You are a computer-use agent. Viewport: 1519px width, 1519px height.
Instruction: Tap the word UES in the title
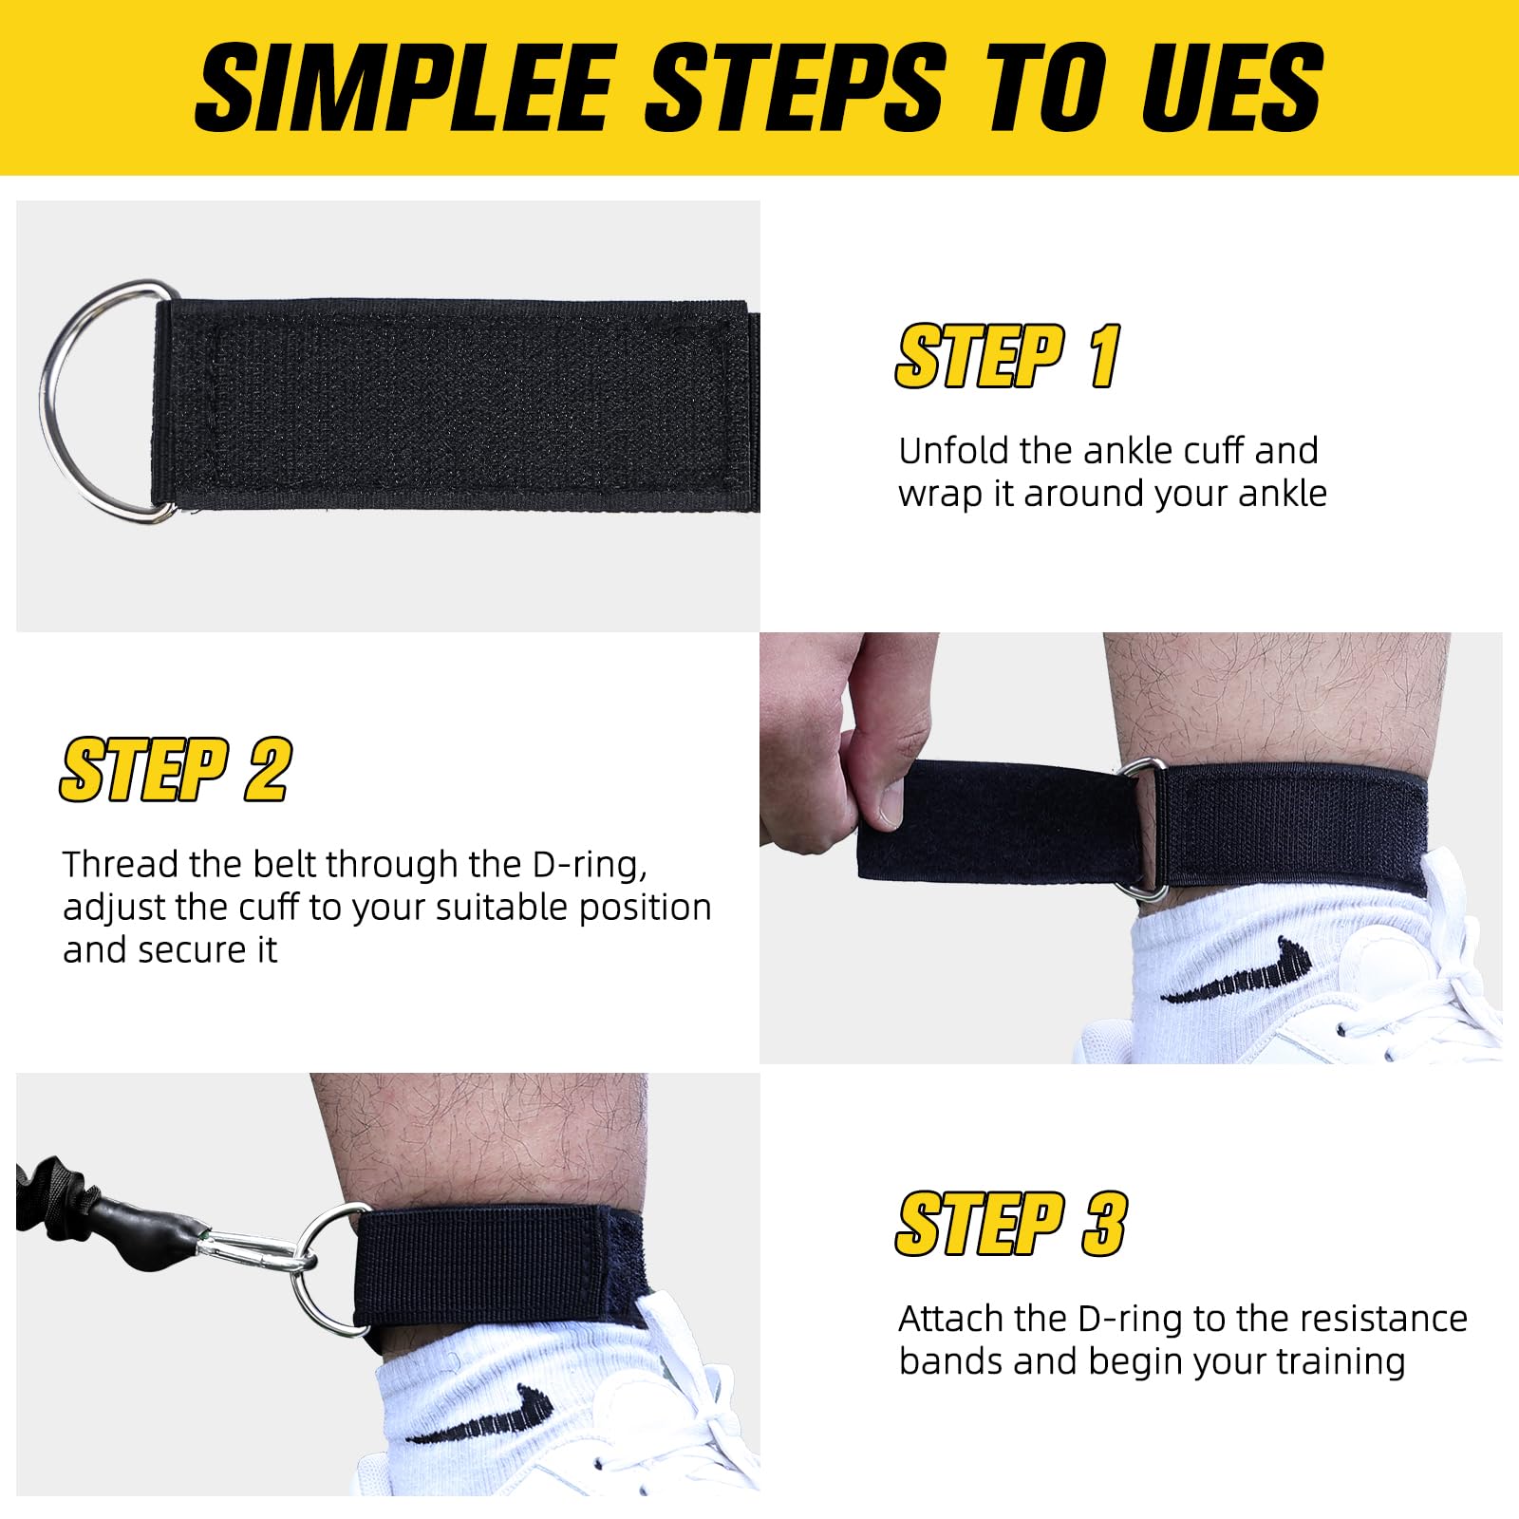tap(1232, 87)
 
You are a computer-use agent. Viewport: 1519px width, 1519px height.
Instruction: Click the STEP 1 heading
tap(1008, 357)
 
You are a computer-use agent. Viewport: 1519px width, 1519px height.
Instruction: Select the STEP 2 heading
tap(176, 770)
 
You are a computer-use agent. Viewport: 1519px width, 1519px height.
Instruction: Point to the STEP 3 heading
tap(1011, 1224)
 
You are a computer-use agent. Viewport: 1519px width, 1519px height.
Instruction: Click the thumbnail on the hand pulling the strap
tap(890, 803)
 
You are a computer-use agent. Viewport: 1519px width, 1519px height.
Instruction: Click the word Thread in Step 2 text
tap(121, 865)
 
